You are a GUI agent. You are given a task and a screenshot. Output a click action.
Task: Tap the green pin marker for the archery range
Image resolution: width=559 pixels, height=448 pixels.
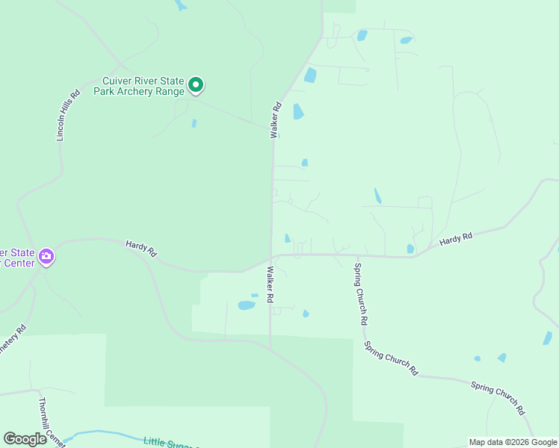(196, 86)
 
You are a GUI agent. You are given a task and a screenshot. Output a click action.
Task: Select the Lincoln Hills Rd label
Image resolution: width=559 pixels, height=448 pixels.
(68, 116)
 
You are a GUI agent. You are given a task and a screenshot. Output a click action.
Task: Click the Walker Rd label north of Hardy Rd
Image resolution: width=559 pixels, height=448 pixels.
(275, 120)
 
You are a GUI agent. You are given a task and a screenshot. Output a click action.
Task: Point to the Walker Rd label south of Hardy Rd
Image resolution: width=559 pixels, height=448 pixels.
(270, 285)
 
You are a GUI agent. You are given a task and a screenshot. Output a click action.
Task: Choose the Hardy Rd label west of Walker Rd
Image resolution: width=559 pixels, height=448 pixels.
(140, 248)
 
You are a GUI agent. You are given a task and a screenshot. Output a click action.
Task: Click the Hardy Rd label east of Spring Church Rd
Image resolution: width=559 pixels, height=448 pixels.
(456, 239)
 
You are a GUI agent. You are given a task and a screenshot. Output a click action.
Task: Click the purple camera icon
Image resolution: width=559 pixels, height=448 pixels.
(46, 258)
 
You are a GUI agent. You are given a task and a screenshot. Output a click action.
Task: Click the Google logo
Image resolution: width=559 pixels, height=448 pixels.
(25, 439)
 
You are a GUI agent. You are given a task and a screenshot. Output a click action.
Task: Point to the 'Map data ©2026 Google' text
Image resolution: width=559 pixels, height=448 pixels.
(513, 442)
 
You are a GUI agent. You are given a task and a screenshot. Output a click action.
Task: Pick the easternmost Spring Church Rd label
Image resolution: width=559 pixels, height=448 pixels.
(498, 398)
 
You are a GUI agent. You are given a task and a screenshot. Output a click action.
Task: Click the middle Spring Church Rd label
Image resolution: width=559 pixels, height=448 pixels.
(391, 357)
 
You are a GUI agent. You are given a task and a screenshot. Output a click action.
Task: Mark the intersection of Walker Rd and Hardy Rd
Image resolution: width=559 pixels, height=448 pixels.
(271, 258)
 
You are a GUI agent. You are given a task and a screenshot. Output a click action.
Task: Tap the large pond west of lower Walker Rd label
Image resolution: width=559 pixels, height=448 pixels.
(246, 305)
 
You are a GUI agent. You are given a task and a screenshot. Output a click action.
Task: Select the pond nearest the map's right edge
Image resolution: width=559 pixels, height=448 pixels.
(547, 337)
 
